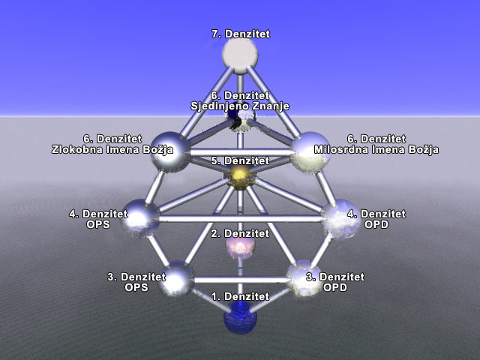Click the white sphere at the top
tap(240, 55)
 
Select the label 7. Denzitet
tap(240, 34)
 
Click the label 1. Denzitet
tap(240, 297)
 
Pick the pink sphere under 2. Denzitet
tap(240, 248)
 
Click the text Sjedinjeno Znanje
tap(240, 106)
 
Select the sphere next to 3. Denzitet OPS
tap(177, 278)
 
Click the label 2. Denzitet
tap(240, 234)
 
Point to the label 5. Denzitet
tap(240, 161)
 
